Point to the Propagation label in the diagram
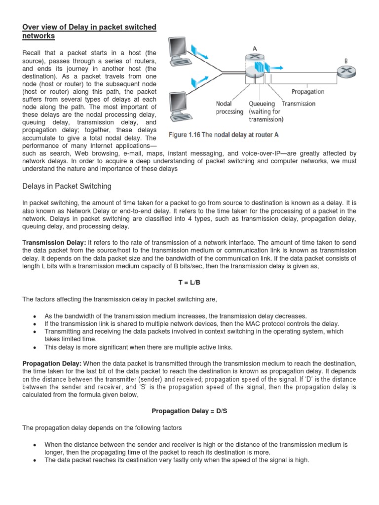[307, 92]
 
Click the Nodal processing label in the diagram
[230, 108]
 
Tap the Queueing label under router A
[262, 104]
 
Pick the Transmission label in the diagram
[299, 104]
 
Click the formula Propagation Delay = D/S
[189, 410]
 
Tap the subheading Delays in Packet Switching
[67, 186]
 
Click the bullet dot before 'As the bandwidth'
[34, 316]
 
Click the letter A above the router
[255, 48]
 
